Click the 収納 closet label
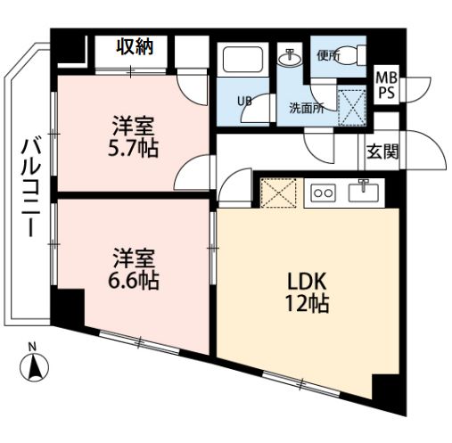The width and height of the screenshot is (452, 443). [x=135, y=47]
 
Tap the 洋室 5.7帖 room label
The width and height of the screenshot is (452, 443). [x=133, y=137]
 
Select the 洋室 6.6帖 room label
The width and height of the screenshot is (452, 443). [x=134, y=269]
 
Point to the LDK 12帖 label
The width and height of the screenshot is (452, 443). [x=307, y=292]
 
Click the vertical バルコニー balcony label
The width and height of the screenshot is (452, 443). [x=30, y=188]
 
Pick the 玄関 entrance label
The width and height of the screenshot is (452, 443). [x=382, y=152]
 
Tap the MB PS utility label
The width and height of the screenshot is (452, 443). [x=386, y=86]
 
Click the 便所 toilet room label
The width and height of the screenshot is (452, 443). [x=328, y=55]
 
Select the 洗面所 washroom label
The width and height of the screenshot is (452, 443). [x=307, y=109]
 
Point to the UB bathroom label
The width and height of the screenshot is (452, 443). [x=244, y=102]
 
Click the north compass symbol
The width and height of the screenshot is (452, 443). [x=34, y=363]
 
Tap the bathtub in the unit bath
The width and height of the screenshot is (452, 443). [x=242, y=59]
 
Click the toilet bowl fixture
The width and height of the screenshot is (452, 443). [x=351, y=54]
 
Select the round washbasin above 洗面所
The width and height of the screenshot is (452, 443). [x=291, y=58]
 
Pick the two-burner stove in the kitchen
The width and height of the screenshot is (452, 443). [x=324, y=193]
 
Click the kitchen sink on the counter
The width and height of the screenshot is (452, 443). [x=364, y=192]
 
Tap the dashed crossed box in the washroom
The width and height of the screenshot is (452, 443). [x=352, y=106]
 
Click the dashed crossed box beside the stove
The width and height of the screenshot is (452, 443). [x=278, y=193]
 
